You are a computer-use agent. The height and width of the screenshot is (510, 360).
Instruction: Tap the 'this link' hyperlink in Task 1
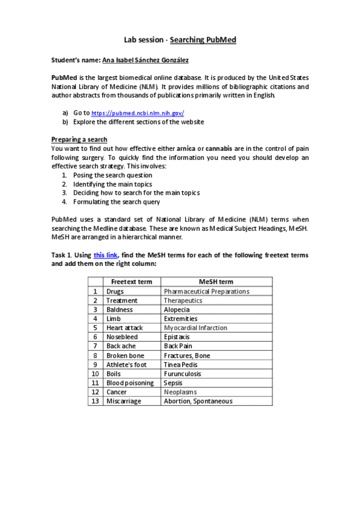[x=106, y=255]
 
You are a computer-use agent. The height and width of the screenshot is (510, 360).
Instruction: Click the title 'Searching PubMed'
[x=203, y=40]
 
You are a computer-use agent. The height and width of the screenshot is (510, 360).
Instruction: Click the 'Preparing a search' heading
[x=79, y=139]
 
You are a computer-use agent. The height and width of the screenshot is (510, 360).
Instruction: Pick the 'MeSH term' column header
[x=216, y=281]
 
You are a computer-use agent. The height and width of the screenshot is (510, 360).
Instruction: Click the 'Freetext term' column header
[x=132, y=281]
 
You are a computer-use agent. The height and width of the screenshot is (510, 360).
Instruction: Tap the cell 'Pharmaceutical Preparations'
[x=206, y=291]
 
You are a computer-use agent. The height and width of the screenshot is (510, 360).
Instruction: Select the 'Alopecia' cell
[x=177, y=309]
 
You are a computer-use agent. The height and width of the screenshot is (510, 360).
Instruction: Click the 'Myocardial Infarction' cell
[x=195, y=328]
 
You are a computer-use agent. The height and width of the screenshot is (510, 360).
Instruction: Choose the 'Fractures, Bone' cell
[x=187, y=355]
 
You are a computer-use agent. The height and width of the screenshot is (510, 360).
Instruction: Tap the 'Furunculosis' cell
[x=183, y=373]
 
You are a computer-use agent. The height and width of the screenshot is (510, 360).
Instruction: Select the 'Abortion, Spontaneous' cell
[x=198, y=401]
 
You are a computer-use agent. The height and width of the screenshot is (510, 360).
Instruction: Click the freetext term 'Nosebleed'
[x=122, y=337]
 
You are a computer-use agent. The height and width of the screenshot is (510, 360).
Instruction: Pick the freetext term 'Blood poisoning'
[x=130, y=382]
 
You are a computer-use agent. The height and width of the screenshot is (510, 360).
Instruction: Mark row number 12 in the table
[x=95, y=392]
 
